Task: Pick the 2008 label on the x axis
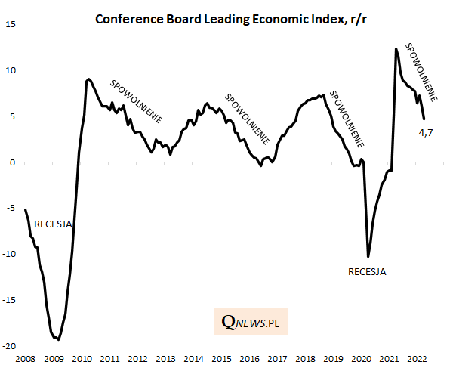tap(25, 359)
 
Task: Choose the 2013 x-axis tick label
tap(165, 359)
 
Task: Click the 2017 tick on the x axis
tap(277, 359)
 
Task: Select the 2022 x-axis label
tap(418, 359)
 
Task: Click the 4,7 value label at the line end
tap(426, 134)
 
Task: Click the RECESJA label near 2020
tap(367, 271)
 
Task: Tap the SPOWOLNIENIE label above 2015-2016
tap(248, 119)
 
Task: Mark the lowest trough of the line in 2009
tap(58, 340)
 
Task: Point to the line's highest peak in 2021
tap(396, 49)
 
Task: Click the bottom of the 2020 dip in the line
tap(368, 256)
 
